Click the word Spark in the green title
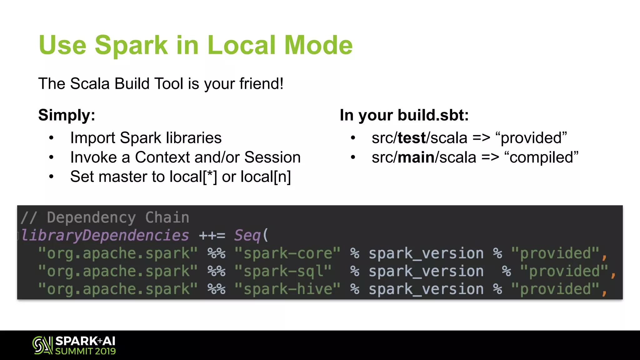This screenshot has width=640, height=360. [x=131, y=45]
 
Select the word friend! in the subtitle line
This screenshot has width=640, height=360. [x=262, y=84]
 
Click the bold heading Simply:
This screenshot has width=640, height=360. [x=67, y=115]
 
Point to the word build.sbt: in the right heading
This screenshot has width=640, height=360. [x=433, y=115]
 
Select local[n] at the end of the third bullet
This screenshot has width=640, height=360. [x=266, y=177]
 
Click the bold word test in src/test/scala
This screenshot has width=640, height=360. [x=412, y=138]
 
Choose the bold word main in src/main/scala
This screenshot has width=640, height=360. [x=416, y=157]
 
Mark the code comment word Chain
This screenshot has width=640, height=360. [x=167, y=217]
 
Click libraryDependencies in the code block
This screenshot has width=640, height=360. [x=105, y=235]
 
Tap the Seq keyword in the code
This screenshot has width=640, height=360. [x=247, y=235]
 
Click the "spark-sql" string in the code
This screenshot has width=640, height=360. [x=283, y=271]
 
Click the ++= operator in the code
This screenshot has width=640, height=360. [x=212, y=235]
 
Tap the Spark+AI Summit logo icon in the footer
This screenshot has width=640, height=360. [x=42, y=345]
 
